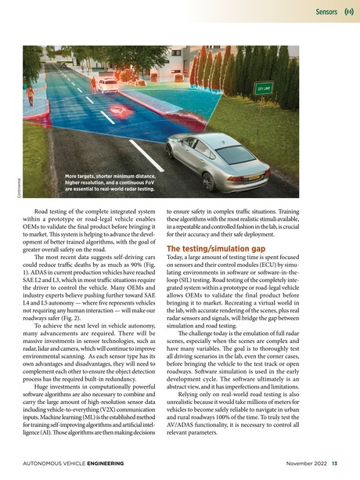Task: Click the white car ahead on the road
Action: click(x=110, y=84)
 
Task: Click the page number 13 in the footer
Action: click(x=334, y=462)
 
